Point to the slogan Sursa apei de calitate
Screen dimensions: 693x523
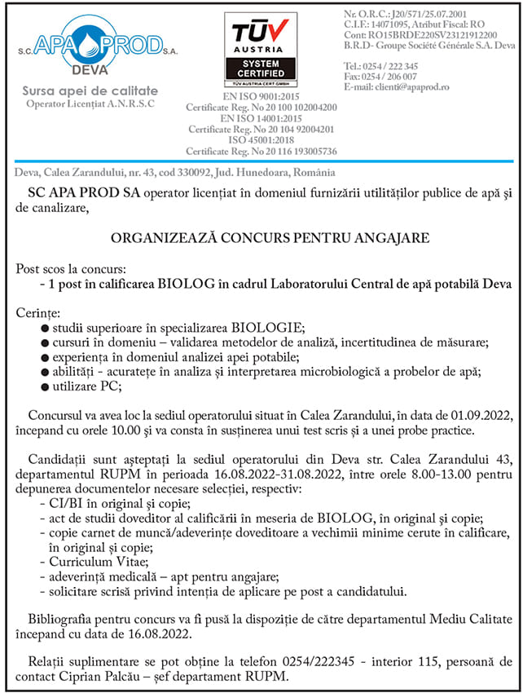pos(90,91)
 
